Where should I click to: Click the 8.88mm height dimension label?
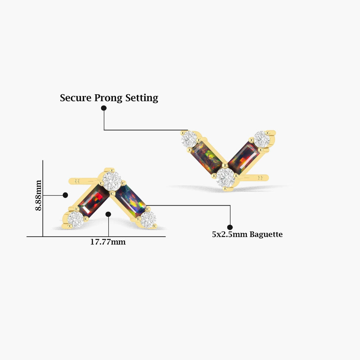[x=38, y=195]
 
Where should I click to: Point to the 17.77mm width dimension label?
[x=108, y=242]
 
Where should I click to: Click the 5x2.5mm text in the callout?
[x=230, y=234]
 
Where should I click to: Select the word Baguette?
[x=266, y=234]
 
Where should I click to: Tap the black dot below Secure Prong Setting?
[x=104, y=108]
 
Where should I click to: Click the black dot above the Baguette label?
[x=230, y=227]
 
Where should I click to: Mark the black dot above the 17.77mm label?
[x=108, y=214]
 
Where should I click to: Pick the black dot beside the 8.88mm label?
[x=65, y=195]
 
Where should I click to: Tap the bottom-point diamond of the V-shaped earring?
[x=225, y=178]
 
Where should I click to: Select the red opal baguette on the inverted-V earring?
[x=93, y=201]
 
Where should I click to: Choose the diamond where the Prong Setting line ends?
[x=189, y=139]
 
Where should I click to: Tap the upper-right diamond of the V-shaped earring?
[x=262, y=140]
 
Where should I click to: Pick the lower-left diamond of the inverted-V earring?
[x=75, y=219]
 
